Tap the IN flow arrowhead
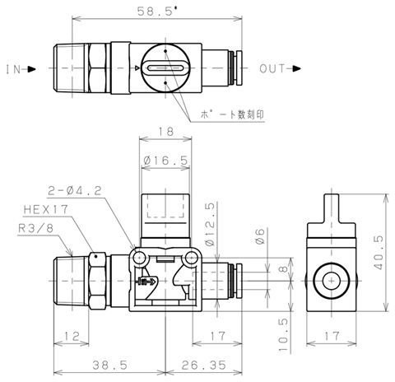click(32, 69)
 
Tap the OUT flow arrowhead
click(296, 68)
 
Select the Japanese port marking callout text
click(232, 114)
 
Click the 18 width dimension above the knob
click(165, 132)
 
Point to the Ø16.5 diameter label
click(165, 160)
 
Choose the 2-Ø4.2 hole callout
click(75, 190)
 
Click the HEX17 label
click(46, 209)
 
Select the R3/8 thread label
click(35, 228)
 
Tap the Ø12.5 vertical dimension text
click(210, 225)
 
